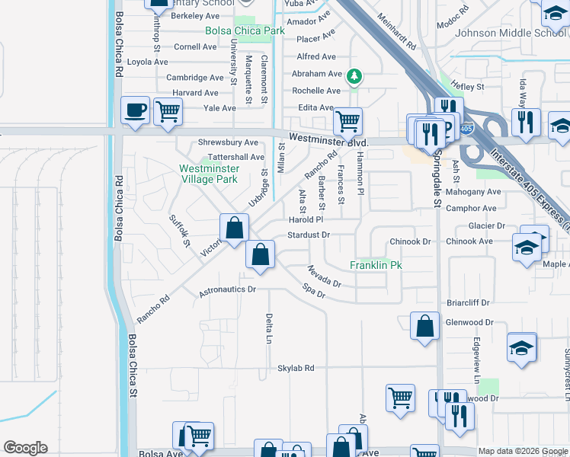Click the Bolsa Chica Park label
pyautogui.click(x=244, y=31)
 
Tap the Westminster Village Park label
pyautogui.click(x=208, y=174)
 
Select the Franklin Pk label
pyautogui.click(x=376, y=265)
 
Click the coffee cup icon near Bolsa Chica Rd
pyautogui.click(x=136, y=111)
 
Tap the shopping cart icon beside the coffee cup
pyautogui.click(x=168, y=112)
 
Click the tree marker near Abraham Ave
pyautogui.click(x=354, y=76)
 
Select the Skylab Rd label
pyautogui.click(x=296, y=368)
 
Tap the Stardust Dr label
pyautogui.click(x=309, y=235)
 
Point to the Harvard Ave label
pyautogui.click(x=195, y=93)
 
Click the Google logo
pyautogui.click(x=26, y=448)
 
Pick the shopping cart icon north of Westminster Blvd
pyautogui.click(x=347, y=120)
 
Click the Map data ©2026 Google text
pyautogui.click(x=523, y=451)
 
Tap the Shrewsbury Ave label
pyautogui.click(x=228, y=142)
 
